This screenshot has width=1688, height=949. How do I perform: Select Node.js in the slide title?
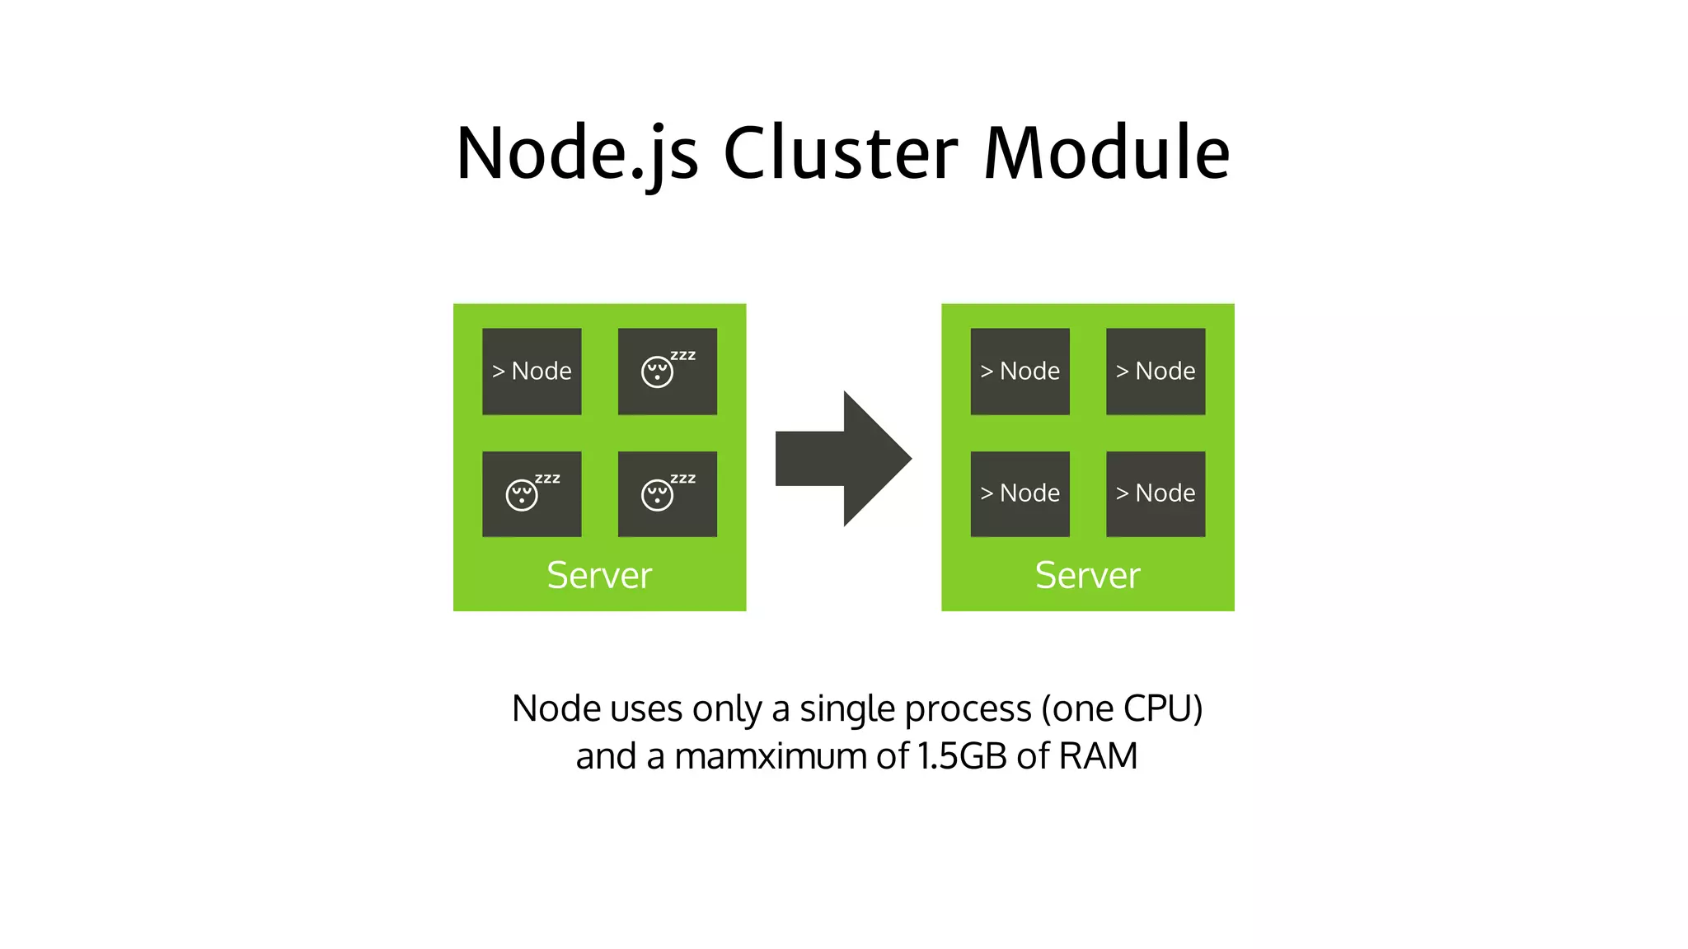tap(578, 154)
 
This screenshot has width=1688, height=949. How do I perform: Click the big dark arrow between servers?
tap(844, 458)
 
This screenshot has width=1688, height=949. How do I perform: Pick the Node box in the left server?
tap(532, 372)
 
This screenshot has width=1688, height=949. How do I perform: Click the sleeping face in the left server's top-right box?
tap(658, 372)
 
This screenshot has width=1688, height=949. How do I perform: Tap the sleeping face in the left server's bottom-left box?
tap(522, 494)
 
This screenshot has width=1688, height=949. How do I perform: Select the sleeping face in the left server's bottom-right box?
tap(658, 494)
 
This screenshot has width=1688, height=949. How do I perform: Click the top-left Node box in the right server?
tap(1020, 372)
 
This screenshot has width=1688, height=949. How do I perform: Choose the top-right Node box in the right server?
tap(1156, 372)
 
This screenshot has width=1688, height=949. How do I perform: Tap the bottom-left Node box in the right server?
tap(1020, 493)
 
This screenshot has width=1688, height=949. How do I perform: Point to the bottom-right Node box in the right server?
tap(1156, 493)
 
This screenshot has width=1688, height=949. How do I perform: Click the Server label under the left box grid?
tap(599, 575)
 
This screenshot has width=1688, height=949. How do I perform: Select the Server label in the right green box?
tap(1087, 575)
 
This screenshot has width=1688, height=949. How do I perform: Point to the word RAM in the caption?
tap(1098, 756)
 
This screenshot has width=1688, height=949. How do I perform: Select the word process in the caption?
tap(968, 710)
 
